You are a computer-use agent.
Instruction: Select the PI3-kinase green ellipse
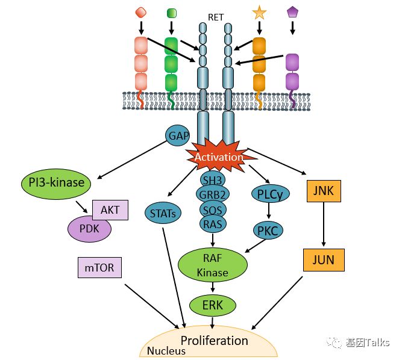tap(56, 182)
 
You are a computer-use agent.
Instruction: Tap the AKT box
tap(110, 209)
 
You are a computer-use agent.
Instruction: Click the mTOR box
tap(99, 266)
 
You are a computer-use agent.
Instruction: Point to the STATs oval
tap(163, 211)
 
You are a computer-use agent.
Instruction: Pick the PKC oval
tap(267, 230)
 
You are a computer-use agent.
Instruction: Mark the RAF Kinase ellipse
tap(212, 265)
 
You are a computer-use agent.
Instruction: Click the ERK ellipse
tap(212, 305)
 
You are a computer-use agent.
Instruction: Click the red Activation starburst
tap(218, 157)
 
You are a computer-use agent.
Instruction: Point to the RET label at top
tap(216, 17)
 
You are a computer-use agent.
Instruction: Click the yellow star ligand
tap(259, 11)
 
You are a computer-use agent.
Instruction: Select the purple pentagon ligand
tap(292, 11)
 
